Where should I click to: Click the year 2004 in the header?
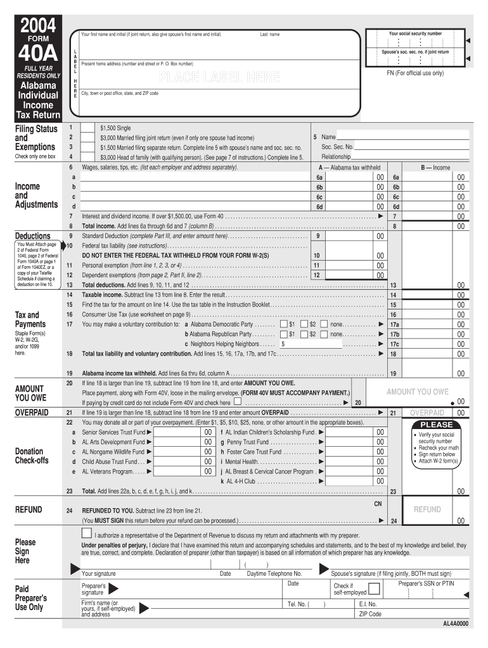[x=37, y=26]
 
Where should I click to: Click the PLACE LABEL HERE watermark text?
[x=219, y=78]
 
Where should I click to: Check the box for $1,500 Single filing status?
[x=89, y=128]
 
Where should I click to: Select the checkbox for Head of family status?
[x=89, y=156]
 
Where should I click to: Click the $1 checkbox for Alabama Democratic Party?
[x=283, y=324]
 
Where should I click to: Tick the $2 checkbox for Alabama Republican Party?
[x=304, y=333]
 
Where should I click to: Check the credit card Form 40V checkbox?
[x=237, y=401]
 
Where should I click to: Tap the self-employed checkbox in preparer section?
[x=375, y=589]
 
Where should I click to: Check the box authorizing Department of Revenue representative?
[x=87, y=533]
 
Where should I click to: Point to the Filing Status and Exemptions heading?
[x=36, y=138]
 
